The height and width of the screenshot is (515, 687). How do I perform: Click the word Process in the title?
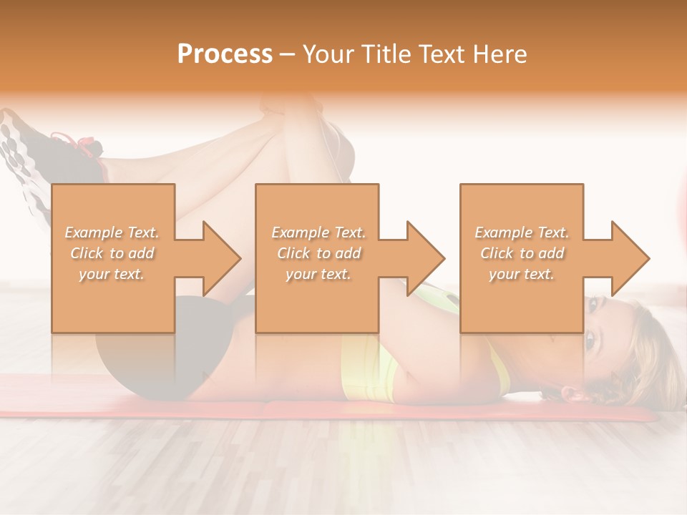(x=225, y=54)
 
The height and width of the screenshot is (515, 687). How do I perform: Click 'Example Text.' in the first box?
(x=112, y=232)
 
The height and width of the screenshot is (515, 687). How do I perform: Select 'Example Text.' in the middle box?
(x=318, y=232)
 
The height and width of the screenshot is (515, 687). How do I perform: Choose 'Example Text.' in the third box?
(x=522, y=232)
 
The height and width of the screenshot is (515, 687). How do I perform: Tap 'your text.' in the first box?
(x=112, y=274)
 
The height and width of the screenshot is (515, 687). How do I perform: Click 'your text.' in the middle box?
(x=318, y=274)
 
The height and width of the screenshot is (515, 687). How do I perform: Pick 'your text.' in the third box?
(x=521, y=274)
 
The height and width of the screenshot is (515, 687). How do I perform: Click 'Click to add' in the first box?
(x=112, y=253)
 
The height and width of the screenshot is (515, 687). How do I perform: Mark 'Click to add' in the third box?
(x=522, y=253)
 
